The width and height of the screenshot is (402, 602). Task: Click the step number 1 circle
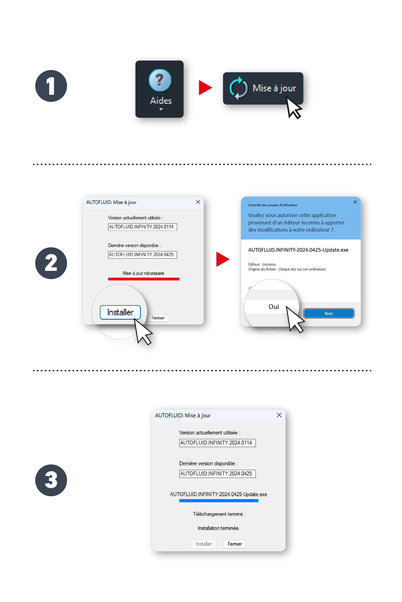pyautogui.click(x=51, y=86)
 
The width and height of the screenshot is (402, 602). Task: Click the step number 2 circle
pyautogui.click(x=51, y=263)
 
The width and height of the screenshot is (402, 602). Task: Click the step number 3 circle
pyautogui.click(x=51, y=480)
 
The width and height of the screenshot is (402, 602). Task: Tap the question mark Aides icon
pyautogui.click(x=160, y=80)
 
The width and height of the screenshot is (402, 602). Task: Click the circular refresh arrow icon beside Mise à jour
pyautogui.click(x=238, y=88)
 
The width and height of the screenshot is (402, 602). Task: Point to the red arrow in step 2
pyautogui.click(x=223, y=259)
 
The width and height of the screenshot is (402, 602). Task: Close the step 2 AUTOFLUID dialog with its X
pyautogui.click(x=198, y=202)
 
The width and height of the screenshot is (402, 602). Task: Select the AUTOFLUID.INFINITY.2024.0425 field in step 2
pyautogui.click(x=143, y=255)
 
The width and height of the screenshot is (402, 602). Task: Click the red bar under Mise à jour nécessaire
pyautogui.click(x=144, y=279)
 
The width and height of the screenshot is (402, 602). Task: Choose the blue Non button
pyautogui.click(x=329, y=313)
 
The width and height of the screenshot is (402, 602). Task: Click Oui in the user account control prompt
pyautogui.click(x=274, y=307)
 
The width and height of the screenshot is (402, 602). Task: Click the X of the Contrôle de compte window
pyautogui.click(x=355, y=202)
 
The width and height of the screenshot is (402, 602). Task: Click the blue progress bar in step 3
pyautogui.click(x=219, y=501)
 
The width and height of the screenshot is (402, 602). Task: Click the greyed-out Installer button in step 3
pyautogui.click(x=204, y=544)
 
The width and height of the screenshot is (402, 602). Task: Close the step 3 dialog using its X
pyautogui.click(x=279, y=415)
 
